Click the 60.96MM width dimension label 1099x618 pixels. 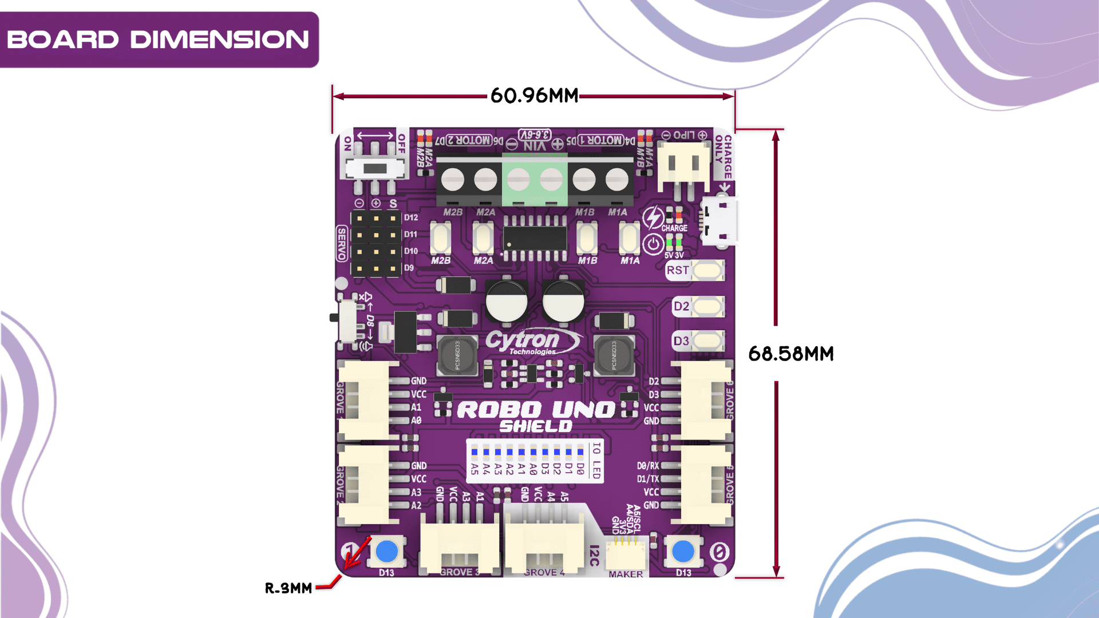point(534,96)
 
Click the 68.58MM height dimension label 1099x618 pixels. point(790,354)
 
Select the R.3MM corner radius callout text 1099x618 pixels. point(288,588)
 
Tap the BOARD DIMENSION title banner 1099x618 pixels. point(159,39)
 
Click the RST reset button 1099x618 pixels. point(707,270)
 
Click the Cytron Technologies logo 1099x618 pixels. point(532,342)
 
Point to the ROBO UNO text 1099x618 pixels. point(536,410)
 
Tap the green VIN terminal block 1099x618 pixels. point(535,180)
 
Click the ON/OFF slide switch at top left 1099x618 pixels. point(375,168)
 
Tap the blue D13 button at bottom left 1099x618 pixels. point(387,552)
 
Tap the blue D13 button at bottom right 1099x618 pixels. point(683,552)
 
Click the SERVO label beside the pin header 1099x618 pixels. point(342,243)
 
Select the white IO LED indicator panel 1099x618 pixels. point(535,460)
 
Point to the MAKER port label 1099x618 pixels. point(626,574)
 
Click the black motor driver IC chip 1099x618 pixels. point(535,237)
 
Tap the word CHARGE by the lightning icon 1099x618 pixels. point(674,228)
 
